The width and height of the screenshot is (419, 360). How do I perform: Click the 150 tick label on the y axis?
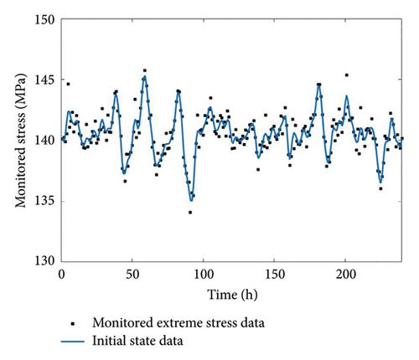[x=44, y=20]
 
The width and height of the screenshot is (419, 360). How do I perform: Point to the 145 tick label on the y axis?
[x=44, y=80]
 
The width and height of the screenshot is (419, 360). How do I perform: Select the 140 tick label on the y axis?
[x=44, y=141]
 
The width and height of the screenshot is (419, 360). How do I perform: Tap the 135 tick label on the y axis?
[x=44, y=201]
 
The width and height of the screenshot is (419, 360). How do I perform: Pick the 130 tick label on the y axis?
[x=44, y=261]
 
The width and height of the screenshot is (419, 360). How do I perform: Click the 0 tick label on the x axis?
[x=61, y=275]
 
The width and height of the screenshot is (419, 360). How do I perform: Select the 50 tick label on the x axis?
[x=132, y=275]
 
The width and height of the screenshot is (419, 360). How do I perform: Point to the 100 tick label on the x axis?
[x=204, y=275]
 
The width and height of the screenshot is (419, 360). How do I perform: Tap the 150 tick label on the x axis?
[x=275, y=275]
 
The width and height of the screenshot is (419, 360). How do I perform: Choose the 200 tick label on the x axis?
[x=346, y=275]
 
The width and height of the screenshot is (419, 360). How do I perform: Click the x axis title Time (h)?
[x=232, y=295]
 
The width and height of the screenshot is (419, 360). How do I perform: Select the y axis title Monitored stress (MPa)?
[x=21, y=141]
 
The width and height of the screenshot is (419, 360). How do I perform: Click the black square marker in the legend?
[x=73, y=324]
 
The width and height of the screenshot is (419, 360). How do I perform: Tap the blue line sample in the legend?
[x=73, y=342]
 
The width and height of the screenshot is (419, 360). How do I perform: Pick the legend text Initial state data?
[x=137, y=341]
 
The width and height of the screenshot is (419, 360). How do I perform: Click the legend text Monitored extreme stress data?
[x=178, y=323]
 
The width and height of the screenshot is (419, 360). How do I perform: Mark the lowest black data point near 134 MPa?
[x=190, y=213]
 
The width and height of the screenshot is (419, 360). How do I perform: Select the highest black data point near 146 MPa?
[x=145, y=70]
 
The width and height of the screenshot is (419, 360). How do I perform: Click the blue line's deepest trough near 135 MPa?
[x=191, y=201]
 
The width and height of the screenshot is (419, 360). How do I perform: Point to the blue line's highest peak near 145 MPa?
[x=145, y=76]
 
